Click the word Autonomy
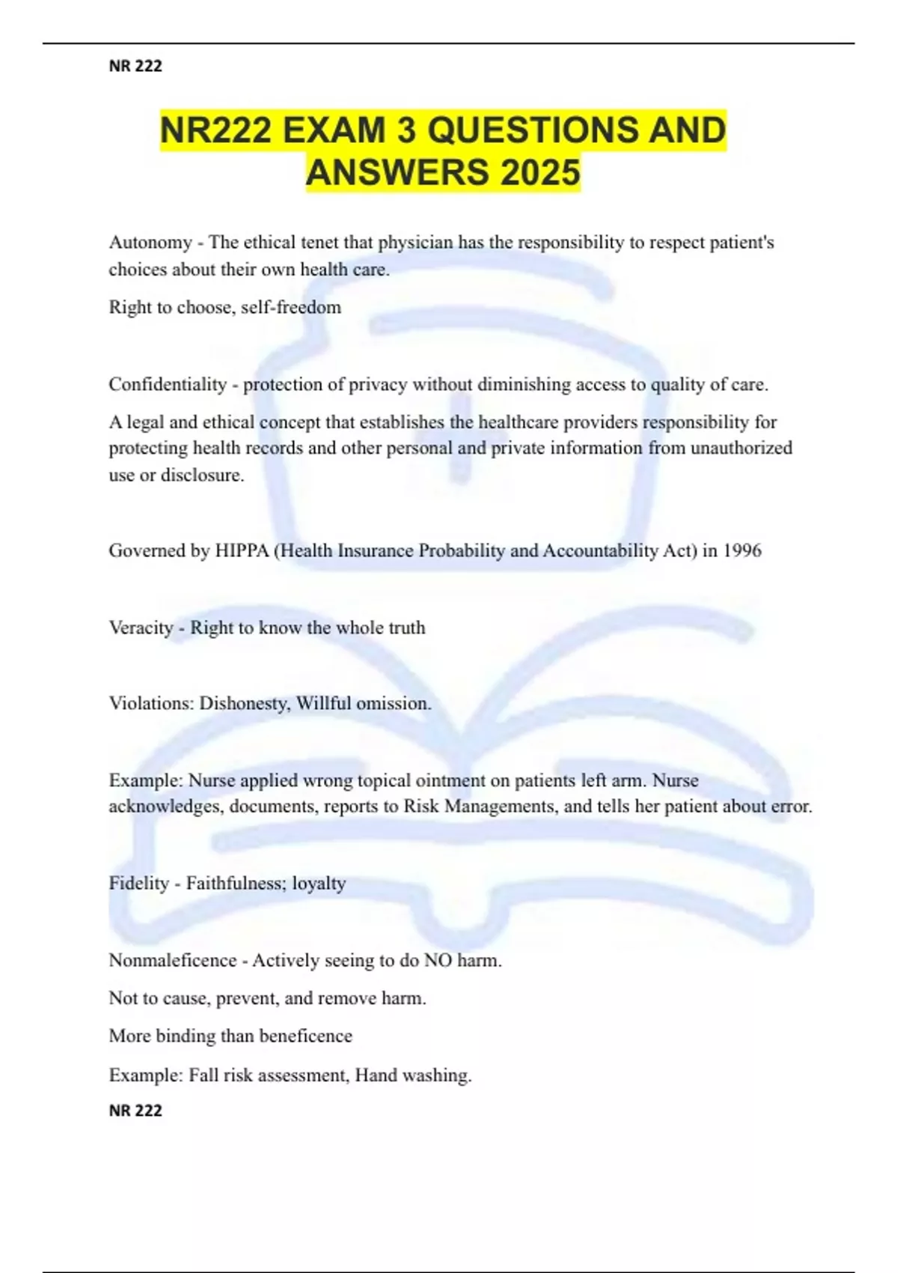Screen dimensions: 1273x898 150,243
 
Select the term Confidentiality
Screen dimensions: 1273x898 168,385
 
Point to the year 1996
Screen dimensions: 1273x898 742,551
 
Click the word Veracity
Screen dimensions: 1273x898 141,628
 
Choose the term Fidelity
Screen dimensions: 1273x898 139,884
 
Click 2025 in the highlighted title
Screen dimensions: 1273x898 540,172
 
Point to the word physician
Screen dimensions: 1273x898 415,243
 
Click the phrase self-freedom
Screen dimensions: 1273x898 291,308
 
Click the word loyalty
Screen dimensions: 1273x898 319,884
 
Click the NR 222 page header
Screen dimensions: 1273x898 135,66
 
